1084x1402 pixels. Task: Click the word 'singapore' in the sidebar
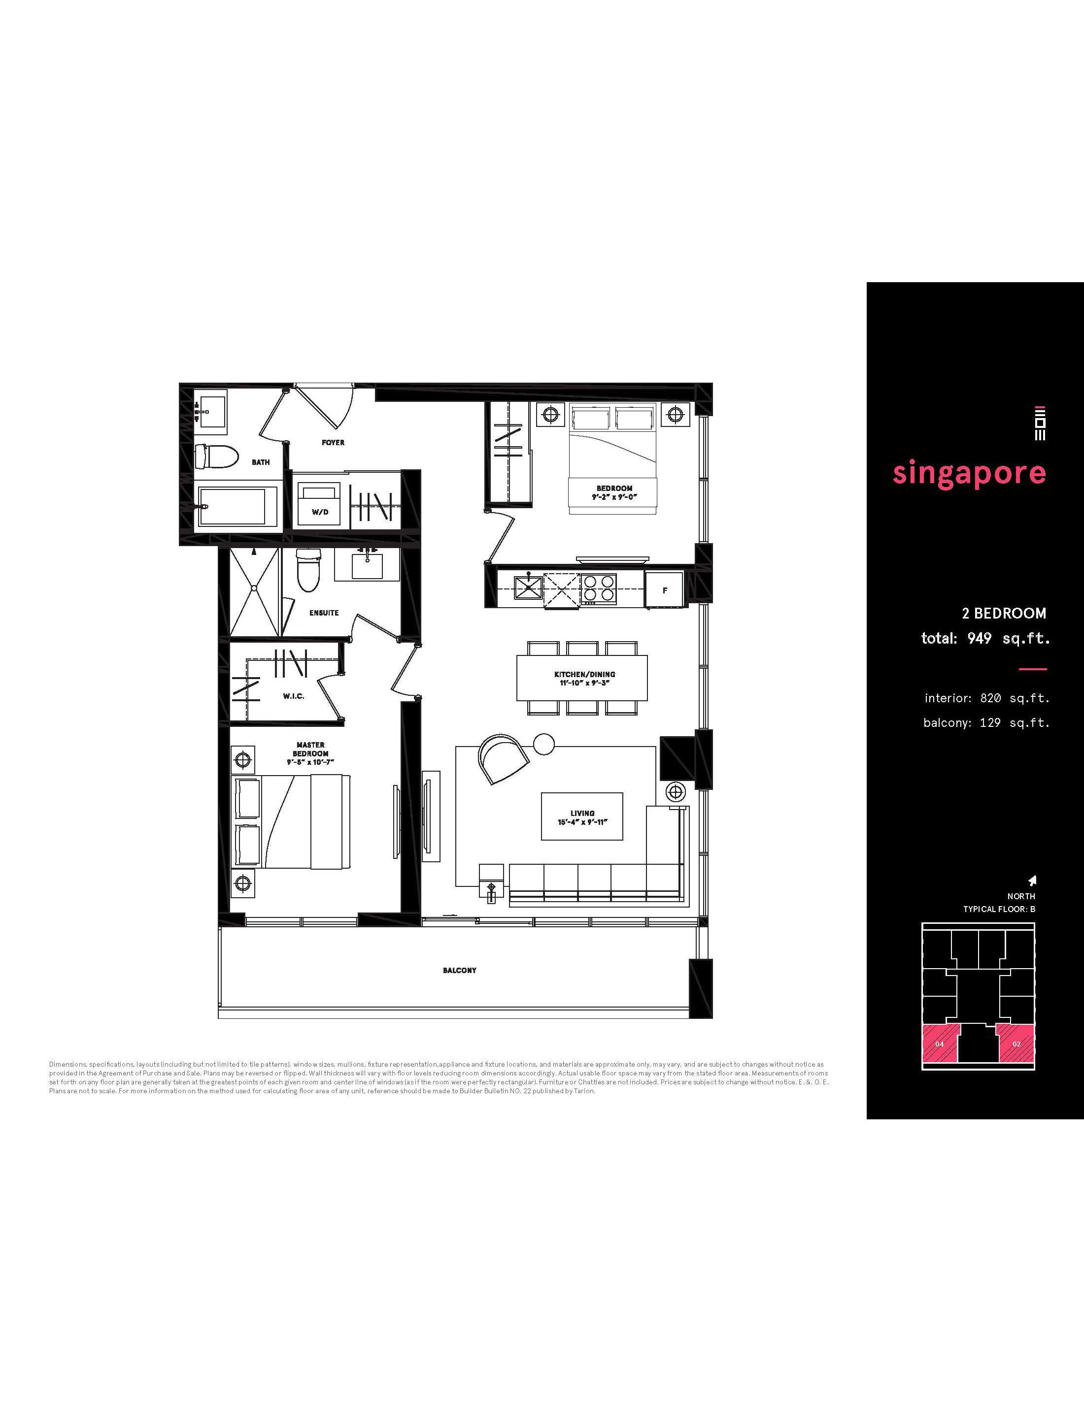(x=969, y=474)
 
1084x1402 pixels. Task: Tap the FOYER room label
(x=333, y=442)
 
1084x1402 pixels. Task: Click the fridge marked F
(x=665, y=590)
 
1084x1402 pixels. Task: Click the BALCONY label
(x=460, y=970)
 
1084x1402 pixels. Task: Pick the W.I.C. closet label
(x=294, y=696)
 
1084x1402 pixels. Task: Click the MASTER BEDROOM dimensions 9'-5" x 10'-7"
(x=311, y=762)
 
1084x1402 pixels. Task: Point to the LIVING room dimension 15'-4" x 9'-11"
(x=582, y=822)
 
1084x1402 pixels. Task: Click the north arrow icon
(x=1033, y=880)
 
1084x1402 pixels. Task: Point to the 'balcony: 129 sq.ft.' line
(x=986, y=723)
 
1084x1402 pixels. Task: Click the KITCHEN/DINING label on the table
(x=584, y=674)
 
